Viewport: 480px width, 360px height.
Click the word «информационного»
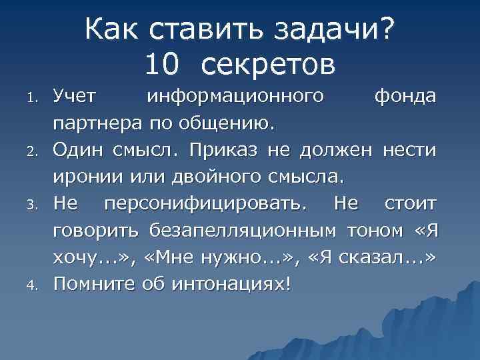coord(236,97)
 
